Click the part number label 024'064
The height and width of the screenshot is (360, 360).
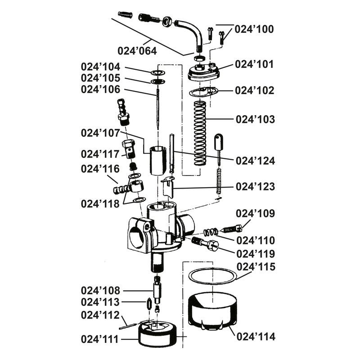(x=137, y=50)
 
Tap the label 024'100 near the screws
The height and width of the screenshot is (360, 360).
(x=255, y=29)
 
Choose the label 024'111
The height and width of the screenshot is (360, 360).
(x=100, y=338)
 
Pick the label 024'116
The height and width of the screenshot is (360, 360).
(x=100, y=169)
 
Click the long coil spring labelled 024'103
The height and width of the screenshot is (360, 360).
(x=199, y=133)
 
